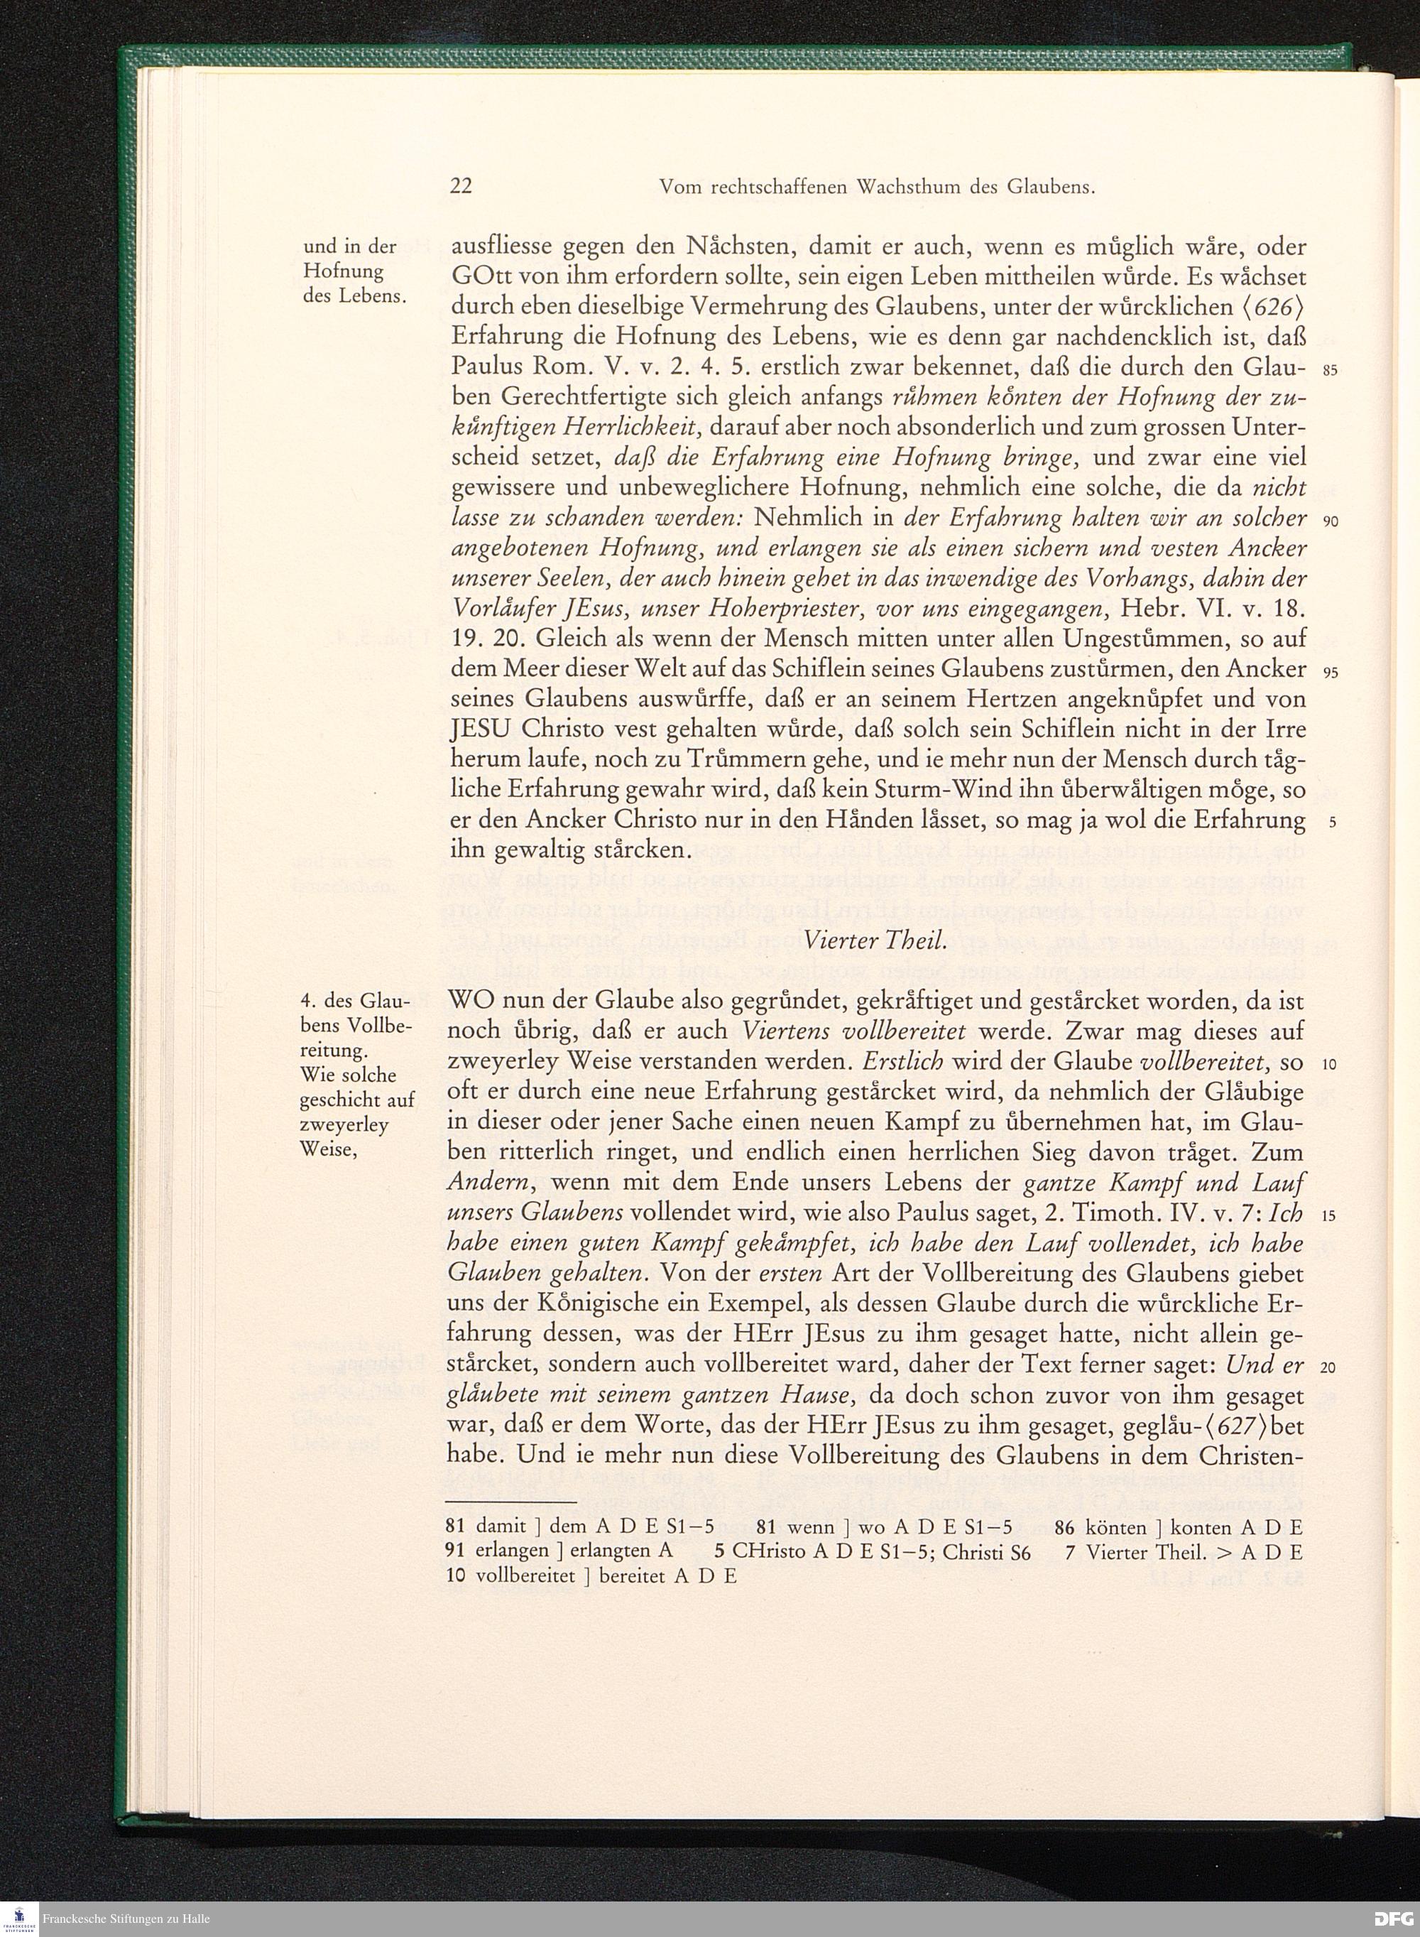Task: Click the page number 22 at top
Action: pyautogui.click(x=461, y=187)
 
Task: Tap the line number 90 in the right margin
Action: pyautogui.click(x=1331, y=522)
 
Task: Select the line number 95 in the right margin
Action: pyautogui.click(x=1331, y=673)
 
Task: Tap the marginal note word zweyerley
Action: pyautogui.click(x=344, y=1124)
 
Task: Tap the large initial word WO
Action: pyautogui.click(x=472, y=1002)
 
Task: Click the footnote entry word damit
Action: pyautogui.click(x=501, y=1528)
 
